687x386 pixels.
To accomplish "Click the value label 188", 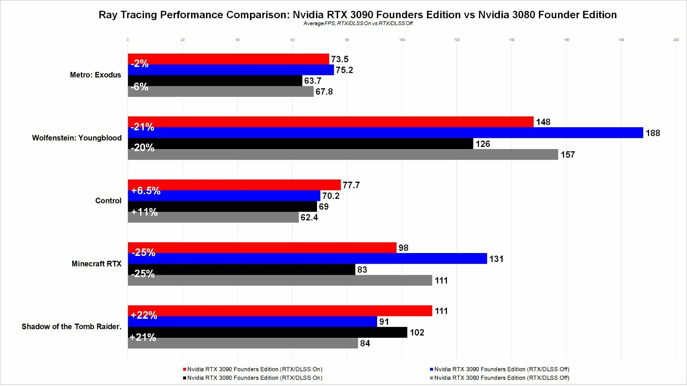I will coord(653,133).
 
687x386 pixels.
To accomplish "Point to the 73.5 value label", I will coord(340,59).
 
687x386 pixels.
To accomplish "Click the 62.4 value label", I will coord(309,217).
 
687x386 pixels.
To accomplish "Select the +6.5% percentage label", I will coord(146,190).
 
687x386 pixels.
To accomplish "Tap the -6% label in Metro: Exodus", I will coord(140,86).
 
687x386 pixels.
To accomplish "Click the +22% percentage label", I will coord(144,315).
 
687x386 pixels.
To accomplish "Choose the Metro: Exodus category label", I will coord(96,75).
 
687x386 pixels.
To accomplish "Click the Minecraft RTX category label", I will coord(97,264).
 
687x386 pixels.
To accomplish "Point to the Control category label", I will coord(108,201).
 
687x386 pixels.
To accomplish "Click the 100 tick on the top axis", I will coord(402,40).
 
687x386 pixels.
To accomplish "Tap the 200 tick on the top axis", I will coord(676,40).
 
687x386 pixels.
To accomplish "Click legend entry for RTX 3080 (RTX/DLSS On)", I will coord(254,378).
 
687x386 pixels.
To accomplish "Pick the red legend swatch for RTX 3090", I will coord(185,369).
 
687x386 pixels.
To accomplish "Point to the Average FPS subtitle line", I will coord(358,24).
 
